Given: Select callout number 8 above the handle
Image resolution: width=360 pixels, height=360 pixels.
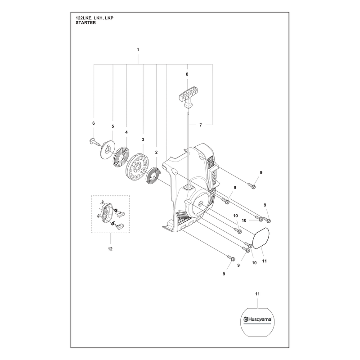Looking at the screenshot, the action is pyautogui.click(x=187, y=74).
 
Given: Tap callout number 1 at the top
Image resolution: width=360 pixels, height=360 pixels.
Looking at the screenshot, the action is pyautogui.click(x=138, y=49).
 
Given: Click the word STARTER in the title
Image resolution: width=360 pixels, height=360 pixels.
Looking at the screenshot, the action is pyautogui.click(x=85, y=23).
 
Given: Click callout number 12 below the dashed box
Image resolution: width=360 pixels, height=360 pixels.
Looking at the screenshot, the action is pyautogui.click(x=110, y=249).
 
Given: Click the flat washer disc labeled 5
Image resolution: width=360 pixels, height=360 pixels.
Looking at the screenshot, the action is pyautogui.click(x=107, y=149).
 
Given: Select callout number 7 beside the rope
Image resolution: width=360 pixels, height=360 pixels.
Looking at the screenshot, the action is pyautogui.click(x=201, y=125).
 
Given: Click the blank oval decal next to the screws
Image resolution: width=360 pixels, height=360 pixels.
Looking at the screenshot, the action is pyautogui.click(x=261, y=238).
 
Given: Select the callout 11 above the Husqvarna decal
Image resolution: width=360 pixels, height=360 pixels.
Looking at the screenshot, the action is pyautogui.click(x=257, y=294).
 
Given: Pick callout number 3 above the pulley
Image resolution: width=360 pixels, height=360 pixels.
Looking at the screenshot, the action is pyautogui.click(x=143, y=139).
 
